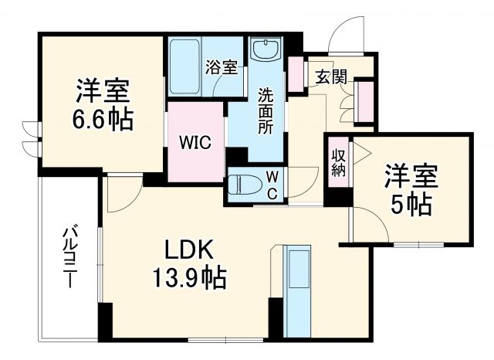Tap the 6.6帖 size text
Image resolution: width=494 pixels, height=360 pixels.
[x=103, y=120]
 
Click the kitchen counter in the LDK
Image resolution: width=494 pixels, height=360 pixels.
[x=296, y=290]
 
